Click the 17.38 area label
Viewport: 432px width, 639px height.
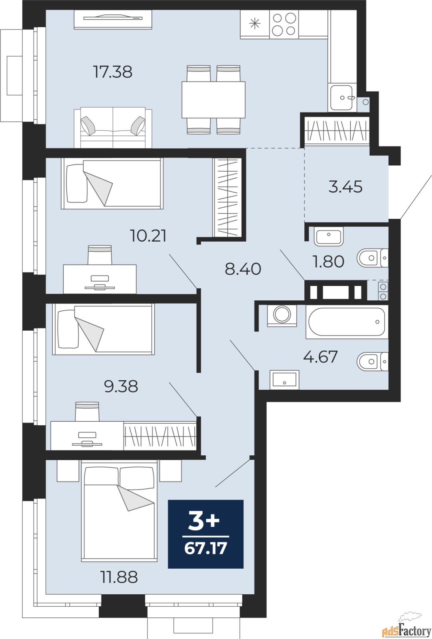coord(112,72)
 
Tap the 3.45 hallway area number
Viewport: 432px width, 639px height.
coord(345,187)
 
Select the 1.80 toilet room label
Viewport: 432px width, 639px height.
coord(328,262)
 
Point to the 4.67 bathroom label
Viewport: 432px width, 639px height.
coord(320,357)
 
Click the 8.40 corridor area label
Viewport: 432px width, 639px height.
coord(243,269)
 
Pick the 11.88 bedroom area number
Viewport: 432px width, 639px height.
coord(119,577)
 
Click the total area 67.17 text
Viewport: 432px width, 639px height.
coord(206,548)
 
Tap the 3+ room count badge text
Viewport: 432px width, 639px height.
coord(204,521)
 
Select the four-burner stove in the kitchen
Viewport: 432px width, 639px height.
coord(284,24)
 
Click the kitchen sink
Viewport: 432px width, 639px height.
coord(342,97)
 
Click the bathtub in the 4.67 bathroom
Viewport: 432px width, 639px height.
coord(346,322)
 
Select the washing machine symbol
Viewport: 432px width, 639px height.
coord(282,315)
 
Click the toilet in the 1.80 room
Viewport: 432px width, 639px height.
coord(372,258)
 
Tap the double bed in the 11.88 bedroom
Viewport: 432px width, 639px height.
coord(119,511)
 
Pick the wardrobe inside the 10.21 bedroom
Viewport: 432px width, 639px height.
coord(227,196)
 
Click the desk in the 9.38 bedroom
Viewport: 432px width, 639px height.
coord(87,436)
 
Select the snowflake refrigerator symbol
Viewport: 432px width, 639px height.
coord(255,24)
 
